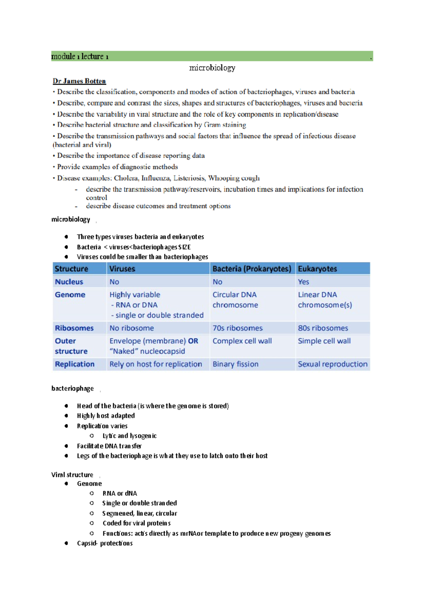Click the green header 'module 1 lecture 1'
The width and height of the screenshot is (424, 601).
[x=80, y=56]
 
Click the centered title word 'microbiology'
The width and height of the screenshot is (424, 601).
[x=212, y=68]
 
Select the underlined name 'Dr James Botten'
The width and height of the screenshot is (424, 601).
[x=79, y=81]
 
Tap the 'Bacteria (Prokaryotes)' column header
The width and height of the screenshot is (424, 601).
[x=252, y=269]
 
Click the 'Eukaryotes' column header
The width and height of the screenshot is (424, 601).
[x=317, y=269]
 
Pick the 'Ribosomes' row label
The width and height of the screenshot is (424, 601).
[x=74, y=328]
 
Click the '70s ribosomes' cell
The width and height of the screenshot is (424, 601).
[x=237, y=328]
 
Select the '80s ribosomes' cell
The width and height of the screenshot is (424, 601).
[x=323, y=328]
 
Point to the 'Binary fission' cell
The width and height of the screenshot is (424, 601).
[x=235, y=364]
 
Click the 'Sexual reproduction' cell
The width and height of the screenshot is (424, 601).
[x=332, y=364]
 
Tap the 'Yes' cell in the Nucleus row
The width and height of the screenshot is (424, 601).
[x=303, y=282]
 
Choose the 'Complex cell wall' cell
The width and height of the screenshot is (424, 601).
[x=242, y=341]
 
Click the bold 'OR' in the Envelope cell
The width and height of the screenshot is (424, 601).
[x=193, y=341]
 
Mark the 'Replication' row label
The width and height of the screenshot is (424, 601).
[x=75, y=364]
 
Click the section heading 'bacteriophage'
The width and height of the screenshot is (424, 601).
[x=72, y=388]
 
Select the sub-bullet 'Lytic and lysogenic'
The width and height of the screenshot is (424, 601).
[x=129, y=436]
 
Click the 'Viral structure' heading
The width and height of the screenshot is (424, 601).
[x=72, y=475]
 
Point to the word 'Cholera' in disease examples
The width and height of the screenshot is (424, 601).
[x=126, y=178]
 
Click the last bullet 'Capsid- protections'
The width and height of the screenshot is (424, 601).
[x=105, y=543]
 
